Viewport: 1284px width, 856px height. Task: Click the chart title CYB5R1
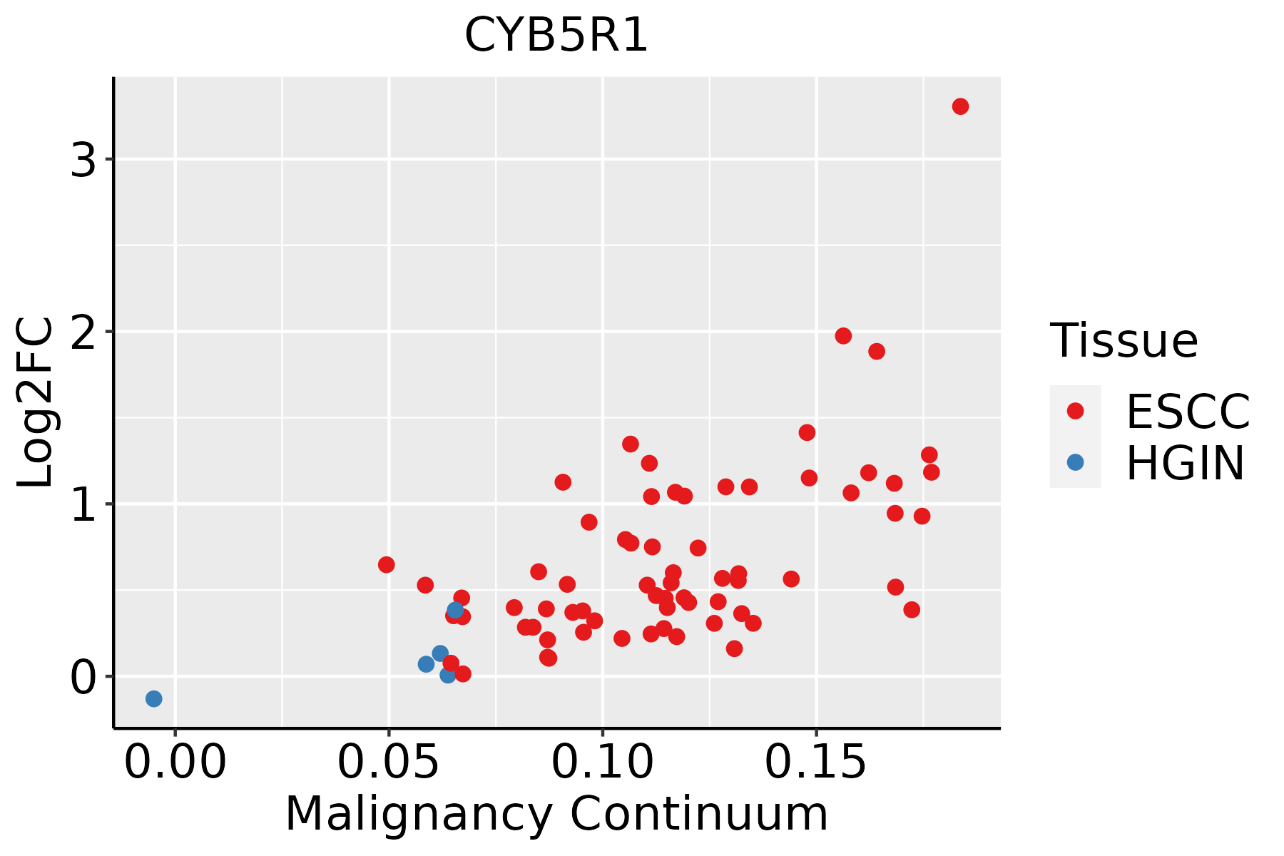pos(556,35)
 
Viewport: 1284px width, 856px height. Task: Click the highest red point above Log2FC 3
pos(960,106)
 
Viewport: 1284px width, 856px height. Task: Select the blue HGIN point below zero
pos(153,698)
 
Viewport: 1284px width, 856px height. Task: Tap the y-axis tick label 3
pos(83,162)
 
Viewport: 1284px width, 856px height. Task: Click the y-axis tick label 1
pos(83,506)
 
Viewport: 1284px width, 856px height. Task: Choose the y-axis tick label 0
pos(83,678)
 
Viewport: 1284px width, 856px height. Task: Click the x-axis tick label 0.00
pos(175,763)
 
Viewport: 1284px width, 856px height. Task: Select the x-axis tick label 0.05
pos(388,763)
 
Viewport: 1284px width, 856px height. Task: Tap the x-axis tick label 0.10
pos(603,763)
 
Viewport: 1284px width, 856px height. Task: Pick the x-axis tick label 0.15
pos(816,763)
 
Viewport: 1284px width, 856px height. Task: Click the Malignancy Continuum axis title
pos(556,814)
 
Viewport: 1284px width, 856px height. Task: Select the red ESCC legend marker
pos(1075,411)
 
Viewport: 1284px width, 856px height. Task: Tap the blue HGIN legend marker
pos(1075,462)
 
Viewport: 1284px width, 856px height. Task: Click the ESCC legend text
pos(1188,412)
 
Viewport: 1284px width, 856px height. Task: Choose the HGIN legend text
pos(1185,463)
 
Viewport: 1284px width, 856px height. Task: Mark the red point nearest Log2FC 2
pos(843,336)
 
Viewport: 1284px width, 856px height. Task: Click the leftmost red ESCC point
pos(386,565)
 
